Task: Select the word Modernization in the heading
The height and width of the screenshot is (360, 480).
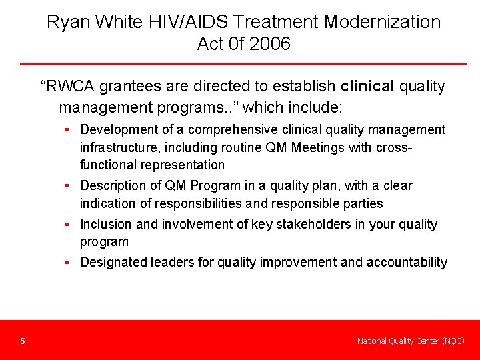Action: pos(382,22)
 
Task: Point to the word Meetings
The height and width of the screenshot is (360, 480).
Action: pos(299,147)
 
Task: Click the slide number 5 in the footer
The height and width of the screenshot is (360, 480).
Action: pos(23,341)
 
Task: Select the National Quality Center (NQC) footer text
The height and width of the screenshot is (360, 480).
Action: pos(411,341)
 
